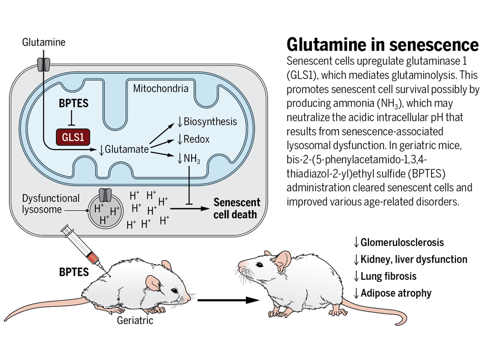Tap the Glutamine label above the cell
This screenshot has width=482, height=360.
44,42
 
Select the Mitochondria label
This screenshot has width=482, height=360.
161,89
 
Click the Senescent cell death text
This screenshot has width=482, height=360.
237,208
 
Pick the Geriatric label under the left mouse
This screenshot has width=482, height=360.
135,320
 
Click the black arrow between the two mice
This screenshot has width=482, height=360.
228,300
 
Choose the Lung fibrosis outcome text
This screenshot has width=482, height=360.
388,276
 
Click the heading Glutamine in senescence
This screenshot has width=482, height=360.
382,44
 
